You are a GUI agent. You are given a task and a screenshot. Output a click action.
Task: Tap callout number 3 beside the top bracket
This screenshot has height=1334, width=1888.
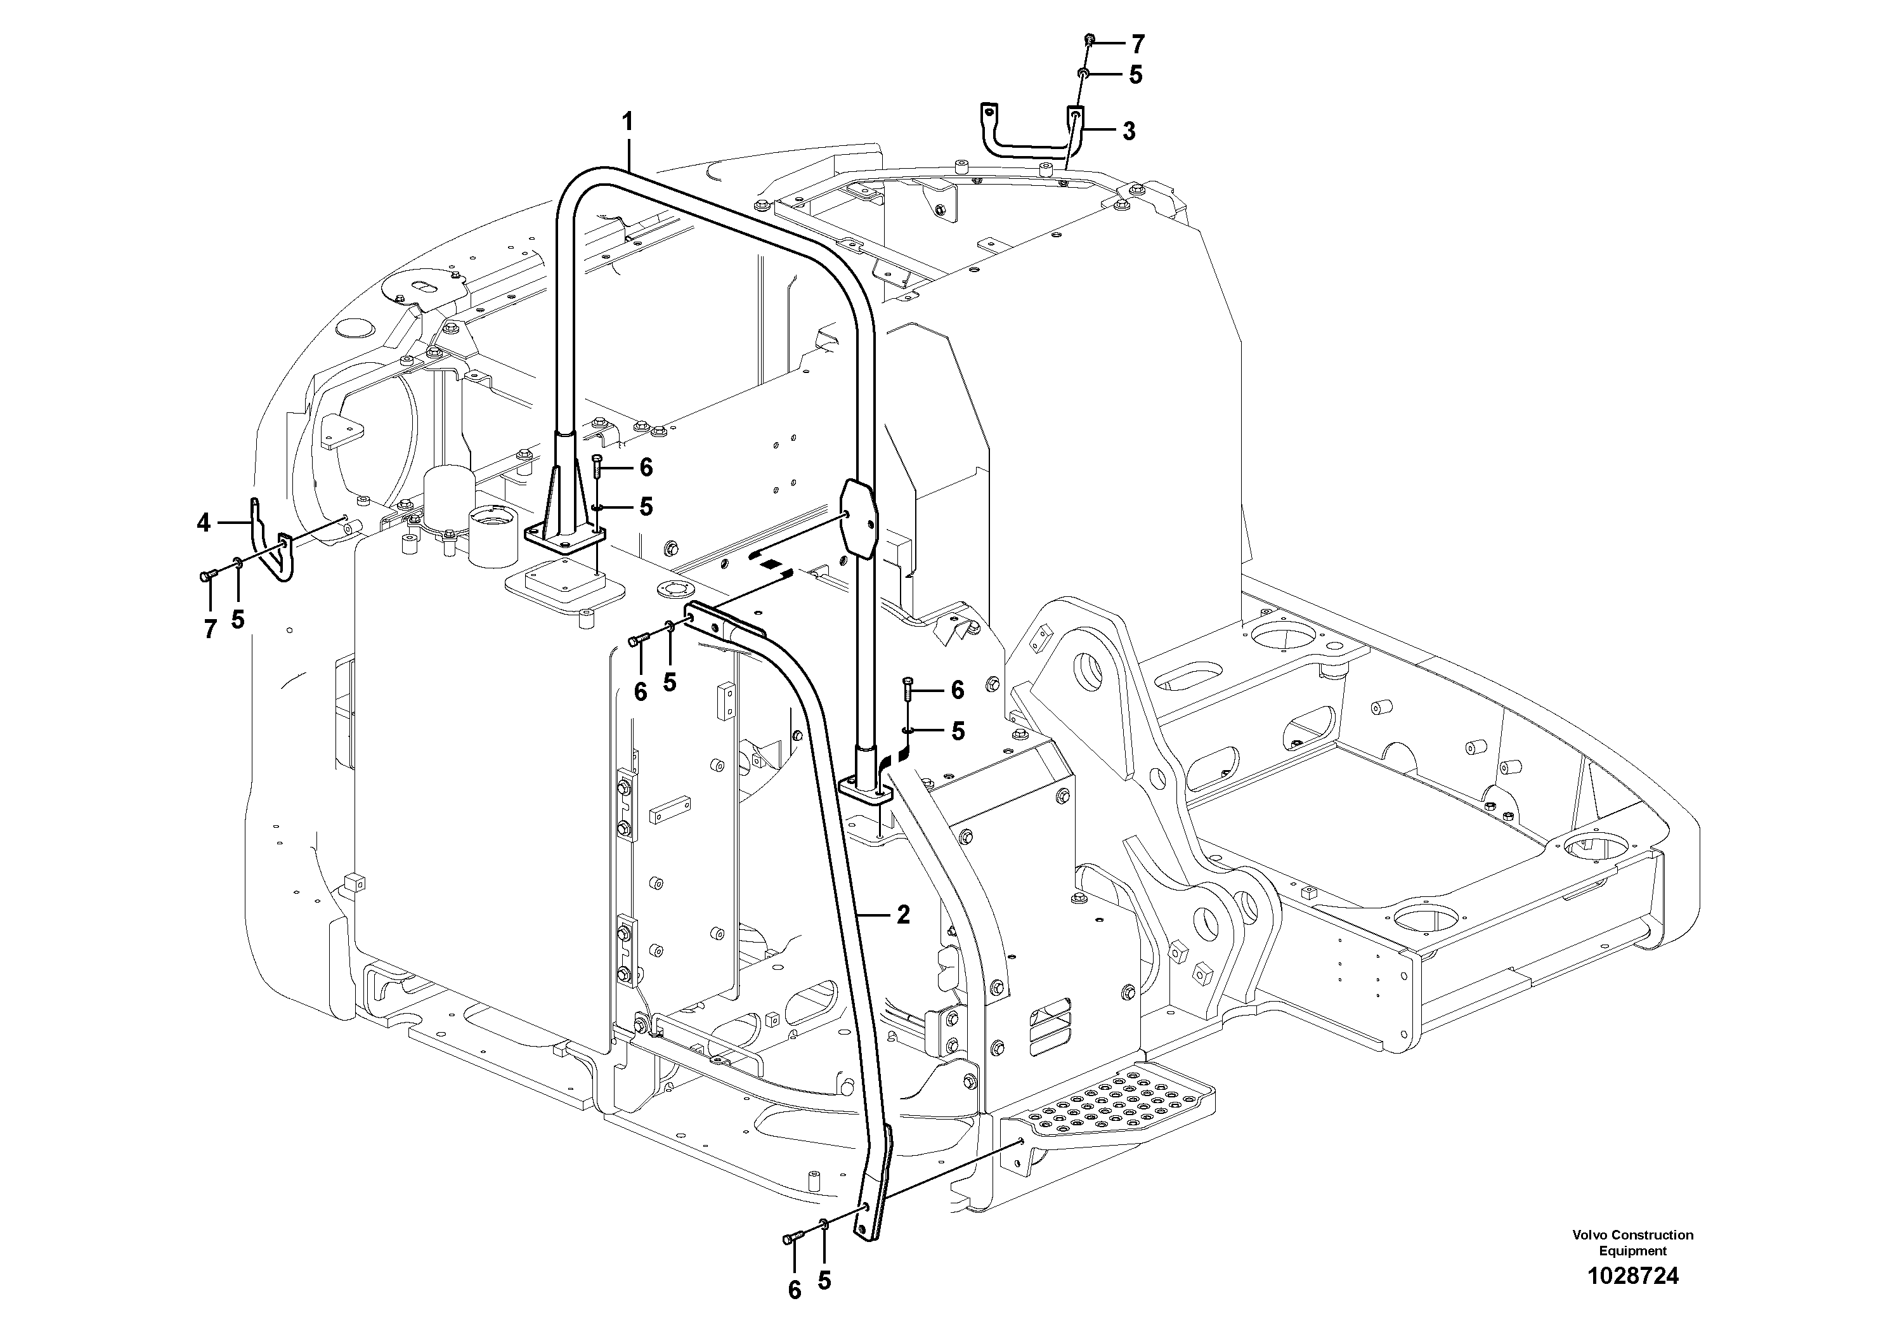click(1129, 131)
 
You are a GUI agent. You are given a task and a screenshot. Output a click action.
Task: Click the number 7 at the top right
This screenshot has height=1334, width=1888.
click(1138, 44)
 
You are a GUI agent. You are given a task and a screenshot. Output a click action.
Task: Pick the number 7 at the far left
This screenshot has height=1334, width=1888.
click(211, 630)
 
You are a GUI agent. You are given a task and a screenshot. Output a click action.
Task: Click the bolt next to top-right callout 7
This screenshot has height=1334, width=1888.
click(1090, 39)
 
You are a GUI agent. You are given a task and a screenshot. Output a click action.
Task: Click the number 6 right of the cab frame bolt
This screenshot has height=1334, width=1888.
click(956, 690)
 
